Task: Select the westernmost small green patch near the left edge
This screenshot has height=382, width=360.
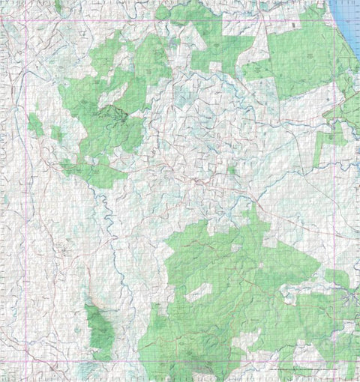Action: point(35,124)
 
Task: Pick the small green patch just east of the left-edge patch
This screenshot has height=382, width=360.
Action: point(57,134)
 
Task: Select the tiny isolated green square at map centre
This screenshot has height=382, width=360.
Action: point(232,170)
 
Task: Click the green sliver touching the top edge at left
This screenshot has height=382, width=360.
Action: point(58,6)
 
